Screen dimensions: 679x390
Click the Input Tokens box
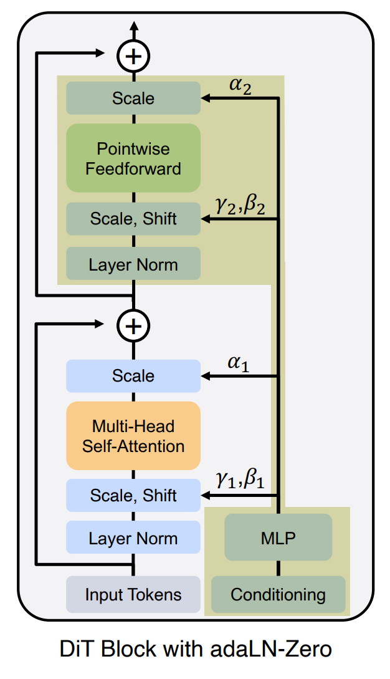click(133, 594)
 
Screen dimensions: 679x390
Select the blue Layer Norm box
click(133, 538)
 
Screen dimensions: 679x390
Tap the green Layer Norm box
click(133, 264)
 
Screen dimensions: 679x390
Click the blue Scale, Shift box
click(133, 496)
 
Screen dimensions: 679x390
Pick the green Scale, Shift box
click(133, 219)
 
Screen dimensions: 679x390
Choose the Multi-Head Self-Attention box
click(133, 436)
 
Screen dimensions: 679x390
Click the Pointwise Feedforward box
click(133, 158)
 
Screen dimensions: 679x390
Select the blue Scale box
click(133, 376)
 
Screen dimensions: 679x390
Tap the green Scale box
click(133, 99)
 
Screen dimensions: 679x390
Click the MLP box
click(278, 538)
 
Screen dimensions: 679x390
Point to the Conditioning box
click(278, 594)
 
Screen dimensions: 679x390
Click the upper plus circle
click(133, 56)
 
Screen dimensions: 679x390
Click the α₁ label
click(239, 364)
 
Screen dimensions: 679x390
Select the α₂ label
click(240, 86)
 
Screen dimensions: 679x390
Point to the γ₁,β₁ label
click(240, 481)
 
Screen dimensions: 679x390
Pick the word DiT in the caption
click(77, 650)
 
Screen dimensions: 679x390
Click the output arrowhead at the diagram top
click(133, 27)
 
